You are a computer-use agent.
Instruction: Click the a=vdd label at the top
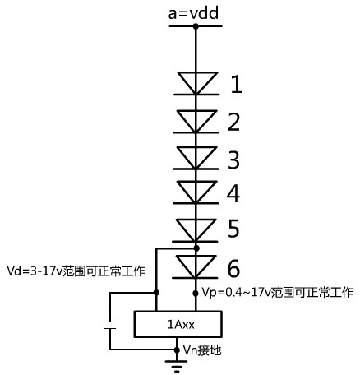pos(193,13)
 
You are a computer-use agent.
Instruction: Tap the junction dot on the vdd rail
pos(196,26)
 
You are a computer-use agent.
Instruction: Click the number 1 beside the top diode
pos(237,84)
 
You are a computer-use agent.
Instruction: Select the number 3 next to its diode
pos(233,160)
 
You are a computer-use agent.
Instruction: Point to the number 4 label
pos(233,193)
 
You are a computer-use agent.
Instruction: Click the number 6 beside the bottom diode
pos(233,268)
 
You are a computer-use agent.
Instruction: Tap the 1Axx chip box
pos(178,324)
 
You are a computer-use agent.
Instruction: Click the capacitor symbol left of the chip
pos(110,325)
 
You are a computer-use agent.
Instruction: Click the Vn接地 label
pos(202,350)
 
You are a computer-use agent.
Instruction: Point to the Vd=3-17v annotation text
pos(76,271)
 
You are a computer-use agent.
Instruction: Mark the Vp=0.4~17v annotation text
pos(278,292)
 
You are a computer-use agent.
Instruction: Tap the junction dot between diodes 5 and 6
pos(196,248)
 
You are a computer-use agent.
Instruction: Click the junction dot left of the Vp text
pos(196,294)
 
